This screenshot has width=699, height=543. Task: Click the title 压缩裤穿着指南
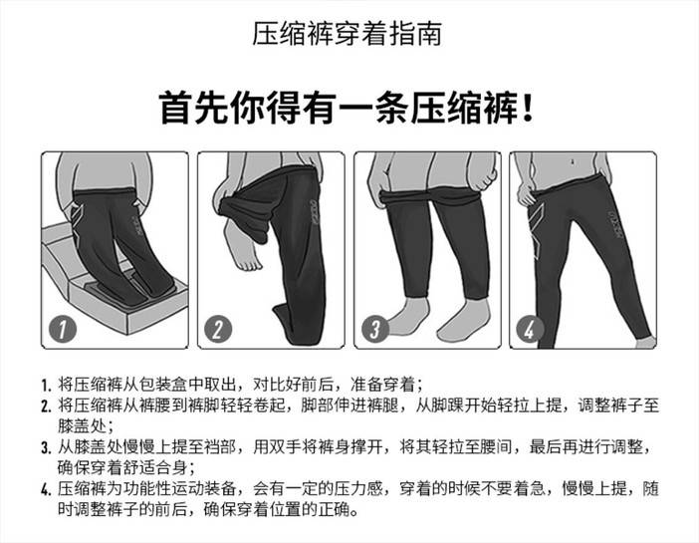(347, 34)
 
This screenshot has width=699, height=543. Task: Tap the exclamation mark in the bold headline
(529, 108)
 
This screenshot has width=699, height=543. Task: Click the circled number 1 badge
(63, 329)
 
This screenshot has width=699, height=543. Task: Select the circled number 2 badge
(218, 329)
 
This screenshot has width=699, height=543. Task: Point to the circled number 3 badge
(375, 329)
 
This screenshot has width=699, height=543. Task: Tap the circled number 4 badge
(530, 330)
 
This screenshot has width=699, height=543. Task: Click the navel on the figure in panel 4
(573, 161)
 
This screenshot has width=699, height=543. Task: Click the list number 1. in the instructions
(47, 385)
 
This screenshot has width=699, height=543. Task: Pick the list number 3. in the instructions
(47, 447)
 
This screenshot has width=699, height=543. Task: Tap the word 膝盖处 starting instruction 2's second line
(82, 425)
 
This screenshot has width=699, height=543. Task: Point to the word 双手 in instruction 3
(286, 446)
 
